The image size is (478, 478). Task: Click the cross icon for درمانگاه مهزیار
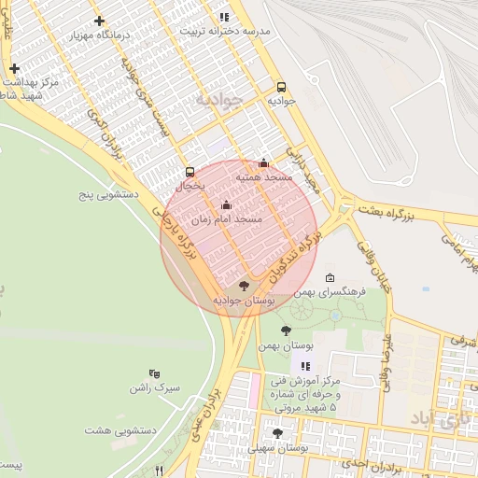click(100, 20)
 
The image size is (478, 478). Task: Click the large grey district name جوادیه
click(218, 98)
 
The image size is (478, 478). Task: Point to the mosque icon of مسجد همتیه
click(263, 162)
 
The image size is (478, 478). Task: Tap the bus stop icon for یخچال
click(190, 172)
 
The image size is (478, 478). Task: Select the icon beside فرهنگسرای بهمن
click(330, 278)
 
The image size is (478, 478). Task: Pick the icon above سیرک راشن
click(154, 373)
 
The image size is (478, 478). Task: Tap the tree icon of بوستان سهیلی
click(277, 432)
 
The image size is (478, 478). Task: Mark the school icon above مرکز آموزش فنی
click(304, 365)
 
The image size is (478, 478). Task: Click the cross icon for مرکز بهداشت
click(14, 69)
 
